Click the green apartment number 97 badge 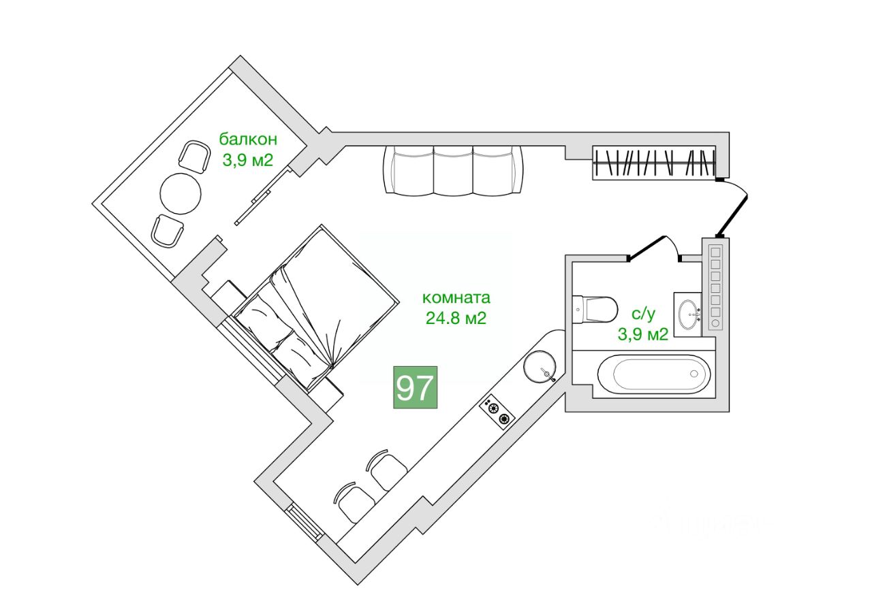pos(415,388)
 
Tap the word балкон pos(248,140)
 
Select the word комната pos(456,297)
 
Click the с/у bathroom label pos(643,314)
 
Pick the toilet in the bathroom pos(596,310)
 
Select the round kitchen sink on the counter pos(540,366)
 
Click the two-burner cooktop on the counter pos(498,412)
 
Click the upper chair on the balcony pos(194,157)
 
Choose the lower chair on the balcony pos(167,231)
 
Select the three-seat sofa pos(454,169)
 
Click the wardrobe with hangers pos(653,163)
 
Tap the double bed pos(320,306)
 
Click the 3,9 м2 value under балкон pos(248,161)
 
